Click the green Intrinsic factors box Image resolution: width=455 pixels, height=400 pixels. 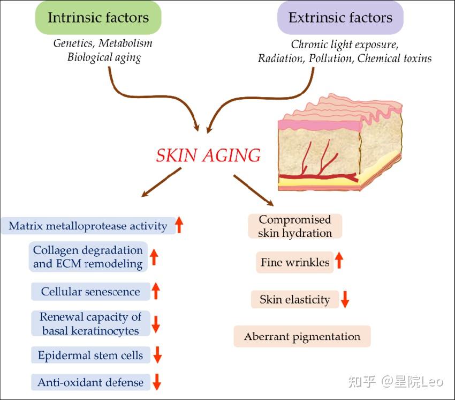[x=98, y=18]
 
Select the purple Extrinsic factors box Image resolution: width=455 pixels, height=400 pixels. [x=340, y=18]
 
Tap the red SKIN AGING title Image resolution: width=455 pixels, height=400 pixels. [x=208, y=155]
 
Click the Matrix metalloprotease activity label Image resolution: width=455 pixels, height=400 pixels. [x=88, y=226]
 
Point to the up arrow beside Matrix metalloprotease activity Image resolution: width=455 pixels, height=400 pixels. [x=179, y=225]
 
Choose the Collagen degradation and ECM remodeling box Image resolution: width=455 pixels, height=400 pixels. [x=88, y=257]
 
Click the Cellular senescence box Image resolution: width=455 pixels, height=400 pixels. [x=90, y=292]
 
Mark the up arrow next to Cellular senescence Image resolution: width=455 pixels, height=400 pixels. [x=156, y=292]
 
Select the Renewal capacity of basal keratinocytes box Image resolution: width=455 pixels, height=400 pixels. [x=90, y=324]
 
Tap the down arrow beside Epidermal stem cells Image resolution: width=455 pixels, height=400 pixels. [x=157, y=355]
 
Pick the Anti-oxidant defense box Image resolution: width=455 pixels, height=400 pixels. [x=90, y=382]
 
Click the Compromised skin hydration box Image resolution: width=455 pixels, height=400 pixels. [x=295, y=226]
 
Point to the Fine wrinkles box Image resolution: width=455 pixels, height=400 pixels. [x=294, y=263]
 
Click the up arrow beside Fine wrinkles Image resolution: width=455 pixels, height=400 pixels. [x=339, y=262]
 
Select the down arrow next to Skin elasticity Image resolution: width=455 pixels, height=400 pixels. [x=345, y=299]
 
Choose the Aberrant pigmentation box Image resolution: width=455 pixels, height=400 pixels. [x=302, y=337]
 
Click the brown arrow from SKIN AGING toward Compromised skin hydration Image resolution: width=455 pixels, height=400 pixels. [x=253, y=190]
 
